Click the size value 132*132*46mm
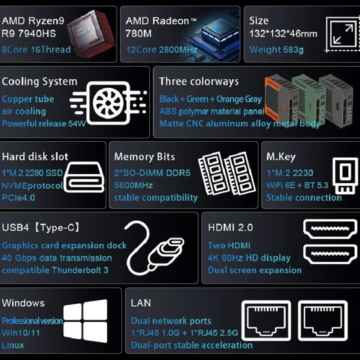click(283, 34)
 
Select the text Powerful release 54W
click(43, 123)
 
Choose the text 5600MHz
click(133, 185)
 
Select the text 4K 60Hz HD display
click(249, 258)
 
